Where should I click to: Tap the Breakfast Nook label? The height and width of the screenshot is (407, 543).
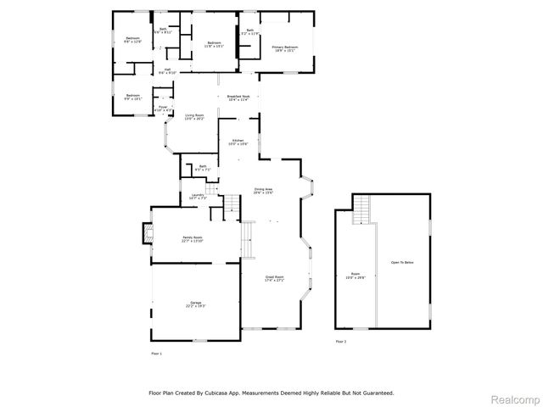pyautogui.click(x=238, y=97)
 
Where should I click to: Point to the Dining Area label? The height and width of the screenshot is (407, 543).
pyautogui.click(x=263, y=190)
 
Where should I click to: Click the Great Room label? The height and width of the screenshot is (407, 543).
pyautogui.click(x=273, y=277)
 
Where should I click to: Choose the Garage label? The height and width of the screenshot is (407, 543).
pyautogui.click(x=196, y=304)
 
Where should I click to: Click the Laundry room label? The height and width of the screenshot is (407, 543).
pyautogui.click(x=199, y=197)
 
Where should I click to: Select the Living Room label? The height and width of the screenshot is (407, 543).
pyautogui.click(x=194, y=116)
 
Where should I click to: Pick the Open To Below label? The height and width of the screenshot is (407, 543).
pyautogui.click(x=401, y=263)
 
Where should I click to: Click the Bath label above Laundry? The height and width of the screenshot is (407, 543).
pyautogui.click(x=202, y=168)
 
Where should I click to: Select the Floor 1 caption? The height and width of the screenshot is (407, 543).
pyautogui.click(x=156, y=352)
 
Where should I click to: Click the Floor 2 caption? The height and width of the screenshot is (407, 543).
pyautogui.click(x=340, y=342)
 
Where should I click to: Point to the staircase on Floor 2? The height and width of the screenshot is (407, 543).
pyautogui.click(x=362, y=208)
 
